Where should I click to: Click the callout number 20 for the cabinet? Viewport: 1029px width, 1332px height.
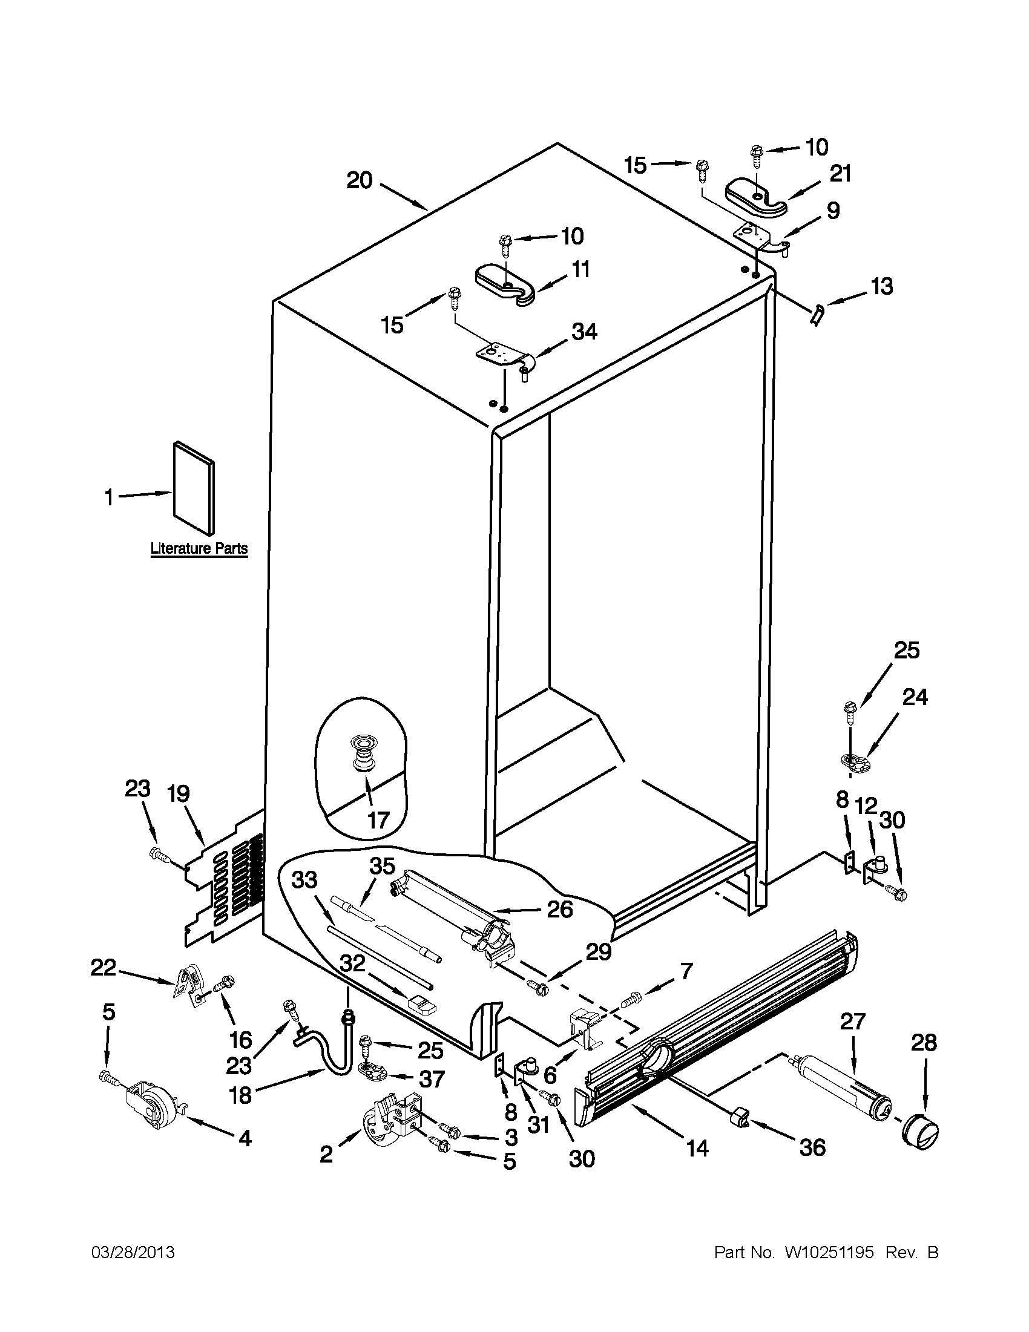point(360,180)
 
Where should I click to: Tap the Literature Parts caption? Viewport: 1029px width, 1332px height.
point(199,548)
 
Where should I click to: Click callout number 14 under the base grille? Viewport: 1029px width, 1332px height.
point(697,1148)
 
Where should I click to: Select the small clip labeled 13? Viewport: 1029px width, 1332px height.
point(816,316)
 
